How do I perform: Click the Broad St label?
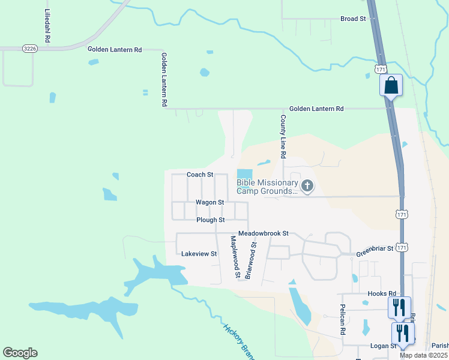pyautogui.click(x=353, y=19)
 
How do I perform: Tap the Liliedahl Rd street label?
pyautogui.click(x=47, y=25)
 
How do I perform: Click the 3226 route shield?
pyautogui.click(x=29, y=49)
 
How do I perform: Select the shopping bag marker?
pyautogui.click(x=391, y=85)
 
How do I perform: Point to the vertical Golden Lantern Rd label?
pyautogui.click(x=163, y=79)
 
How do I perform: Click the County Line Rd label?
pyautogui.click(x=283, y=137)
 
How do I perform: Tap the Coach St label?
pyautogui.click(x=200, y=175)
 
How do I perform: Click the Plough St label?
pyautogui.click(x=210, y=220)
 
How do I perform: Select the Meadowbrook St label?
pyautogui.click(x=264, y=233)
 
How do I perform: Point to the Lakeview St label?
pyautogui.click(x=199, y=254)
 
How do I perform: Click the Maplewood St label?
pyautogui.click(x=235, y=256)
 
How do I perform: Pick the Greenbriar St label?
pyautogui.click(x=374, y=248)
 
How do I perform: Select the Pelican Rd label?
pyautogui.click(x=343, y=323)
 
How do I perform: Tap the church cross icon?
pyautogui.click(x=307, y=186)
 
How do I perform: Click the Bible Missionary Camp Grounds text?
pyautogui.click(x=267, y=187)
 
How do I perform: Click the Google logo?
pyautogui.click(x=20, y=353)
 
